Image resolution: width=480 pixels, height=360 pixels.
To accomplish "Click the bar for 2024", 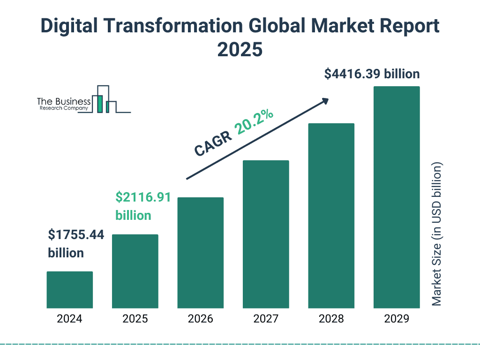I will (x=69, y=290).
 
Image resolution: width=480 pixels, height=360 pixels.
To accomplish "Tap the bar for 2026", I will (x=200, y=253).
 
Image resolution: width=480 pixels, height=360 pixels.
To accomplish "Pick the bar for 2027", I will (x=266, y=234).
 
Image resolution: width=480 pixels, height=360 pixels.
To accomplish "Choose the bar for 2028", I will (x=331, y=216).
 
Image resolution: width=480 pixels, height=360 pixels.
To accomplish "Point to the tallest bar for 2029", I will (x=397, y=197).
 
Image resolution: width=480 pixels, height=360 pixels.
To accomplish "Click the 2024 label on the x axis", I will (x=69, y=319).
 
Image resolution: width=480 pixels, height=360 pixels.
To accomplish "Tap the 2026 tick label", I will (x=200, y=319).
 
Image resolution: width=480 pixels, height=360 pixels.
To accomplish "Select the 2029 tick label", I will (x=397, y=319).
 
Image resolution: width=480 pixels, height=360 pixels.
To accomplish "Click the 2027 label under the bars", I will (x=266, y=319).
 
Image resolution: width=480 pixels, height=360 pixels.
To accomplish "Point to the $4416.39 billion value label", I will (x=372, y=74).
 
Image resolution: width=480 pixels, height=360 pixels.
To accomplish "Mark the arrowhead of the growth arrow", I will (x=324, y=101).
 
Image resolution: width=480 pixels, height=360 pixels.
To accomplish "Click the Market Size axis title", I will (x=437, y=234).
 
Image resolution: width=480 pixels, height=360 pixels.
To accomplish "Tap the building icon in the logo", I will (x=104, y=99).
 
